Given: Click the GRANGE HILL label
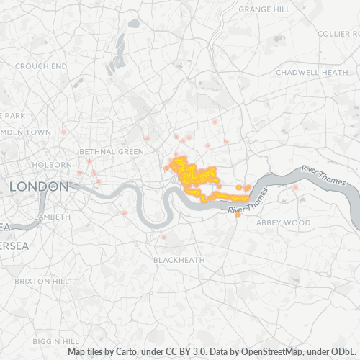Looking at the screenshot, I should click(x=264, y=9).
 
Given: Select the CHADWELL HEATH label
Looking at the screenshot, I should click(x=311, y=73).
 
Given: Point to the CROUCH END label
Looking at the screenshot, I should click(x=41, y=66).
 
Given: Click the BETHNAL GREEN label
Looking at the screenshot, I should click(x=111, y=152).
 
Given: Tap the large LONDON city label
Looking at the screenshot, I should click(x=38, y=186).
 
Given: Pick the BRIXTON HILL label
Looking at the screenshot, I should click(x=40, y=280).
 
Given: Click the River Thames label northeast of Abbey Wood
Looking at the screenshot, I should click(x=323, y=176).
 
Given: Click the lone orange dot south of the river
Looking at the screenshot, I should click(x=238, y=215).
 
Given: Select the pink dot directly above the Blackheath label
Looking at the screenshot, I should click(x=163, y=237).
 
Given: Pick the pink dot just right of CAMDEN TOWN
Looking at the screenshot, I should click(x=64, y=133).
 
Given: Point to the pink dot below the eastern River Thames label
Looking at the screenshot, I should click(x=295, y=188).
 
